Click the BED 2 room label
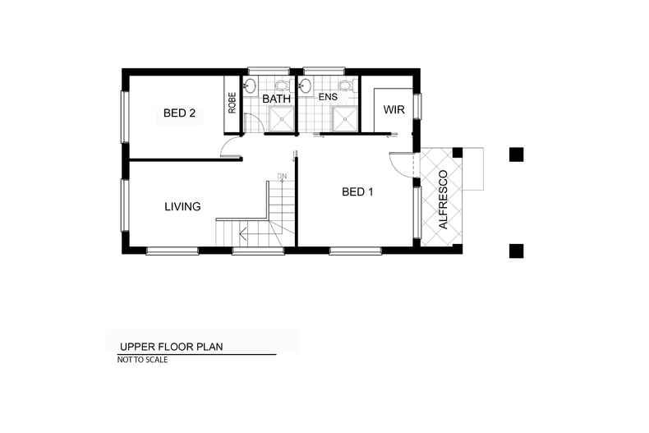click(x=179, y=114)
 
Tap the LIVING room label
click(x=182, y=206)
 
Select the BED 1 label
click(x=357, y=192)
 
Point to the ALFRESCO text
click(x=443, y=200)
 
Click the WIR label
click(x=394, y=110)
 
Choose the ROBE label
click(x=232, y=103)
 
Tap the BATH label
click(x=276, y=99)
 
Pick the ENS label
click(x=329, y=97)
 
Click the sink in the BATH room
click(x=250, y=84)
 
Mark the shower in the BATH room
click(x=282, y=120)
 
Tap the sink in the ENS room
click(x=307, y=84)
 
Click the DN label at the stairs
click(x=282, y=176)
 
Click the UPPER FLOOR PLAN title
click(x=171, y=346)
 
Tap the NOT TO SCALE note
click(x=143, y=359)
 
